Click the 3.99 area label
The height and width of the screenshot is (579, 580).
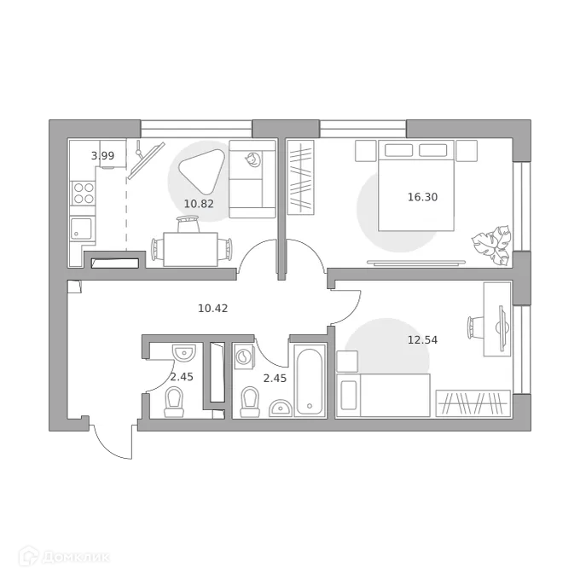coord(102,155)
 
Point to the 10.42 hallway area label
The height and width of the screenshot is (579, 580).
coord(212,308)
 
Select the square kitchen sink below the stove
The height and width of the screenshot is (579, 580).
coord(83,228)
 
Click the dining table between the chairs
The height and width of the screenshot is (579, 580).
coord(190,249)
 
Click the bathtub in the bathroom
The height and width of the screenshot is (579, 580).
coord(308,379)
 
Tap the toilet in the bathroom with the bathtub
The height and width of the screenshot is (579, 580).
coord(250,401)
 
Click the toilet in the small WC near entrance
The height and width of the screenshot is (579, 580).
coord(174,401)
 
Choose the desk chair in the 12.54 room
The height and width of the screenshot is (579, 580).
coord(475,326)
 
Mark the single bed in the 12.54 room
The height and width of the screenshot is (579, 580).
coord(392,395)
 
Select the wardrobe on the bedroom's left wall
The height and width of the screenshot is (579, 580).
coord(300,177)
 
